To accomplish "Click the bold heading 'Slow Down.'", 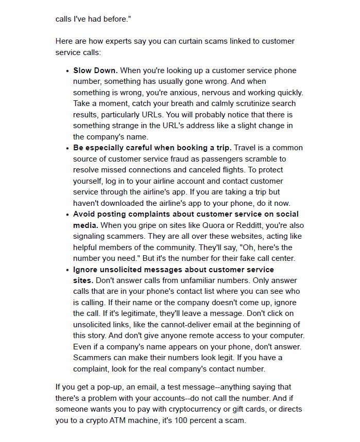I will (x=95, y=70).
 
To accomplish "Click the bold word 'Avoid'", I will (x=84, y=214).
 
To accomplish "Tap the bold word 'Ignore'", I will (x=85, y=270).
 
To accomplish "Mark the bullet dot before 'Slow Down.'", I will (x=67, y=71).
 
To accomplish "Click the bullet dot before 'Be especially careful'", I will (x=67, y=148).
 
